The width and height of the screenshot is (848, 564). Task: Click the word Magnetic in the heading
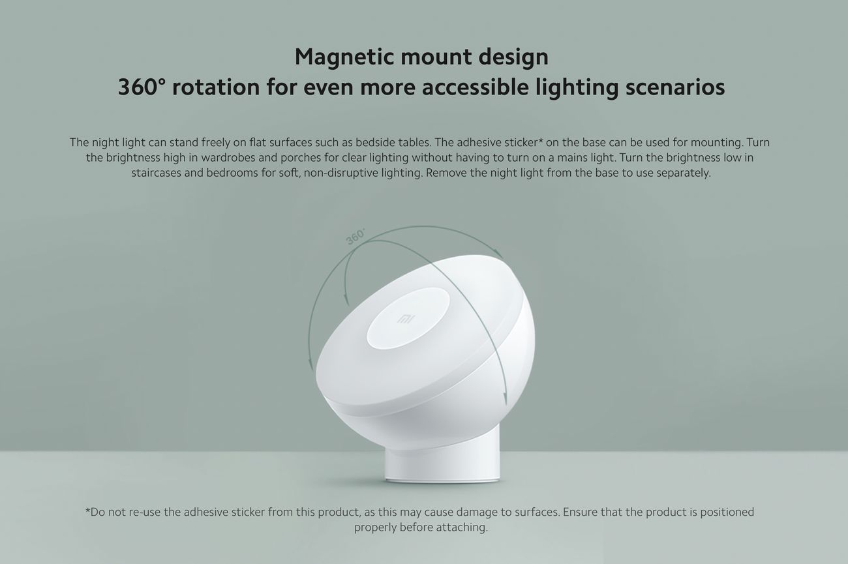click(344, 57)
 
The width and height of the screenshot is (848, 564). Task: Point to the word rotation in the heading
click(216, 87)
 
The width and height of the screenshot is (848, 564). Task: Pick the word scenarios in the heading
click(675, 87)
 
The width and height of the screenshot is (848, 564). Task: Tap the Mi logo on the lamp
click(406, 319)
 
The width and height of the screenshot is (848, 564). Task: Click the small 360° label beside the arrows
click(356, 237)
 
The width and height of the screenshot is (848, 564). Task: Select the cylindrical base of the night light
click(442, 462)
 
